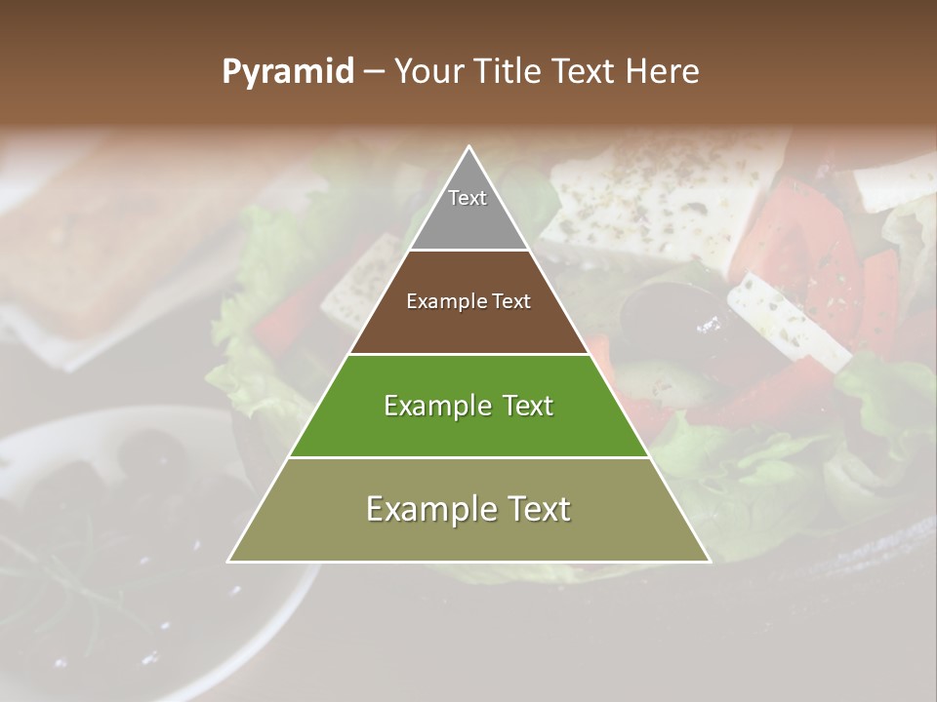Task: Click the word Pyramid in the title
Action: [287, 72]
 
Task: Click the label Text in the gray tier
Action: [468, 198]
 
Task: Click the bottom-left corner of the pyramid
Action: [230, 561]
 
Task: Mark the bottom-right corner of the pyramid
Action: [709, 561]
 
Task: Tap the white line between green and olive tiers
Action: [468, 457]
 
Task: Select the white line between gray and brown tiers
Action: [468, 251]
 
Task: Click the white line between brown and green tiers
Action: [468, 354]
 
